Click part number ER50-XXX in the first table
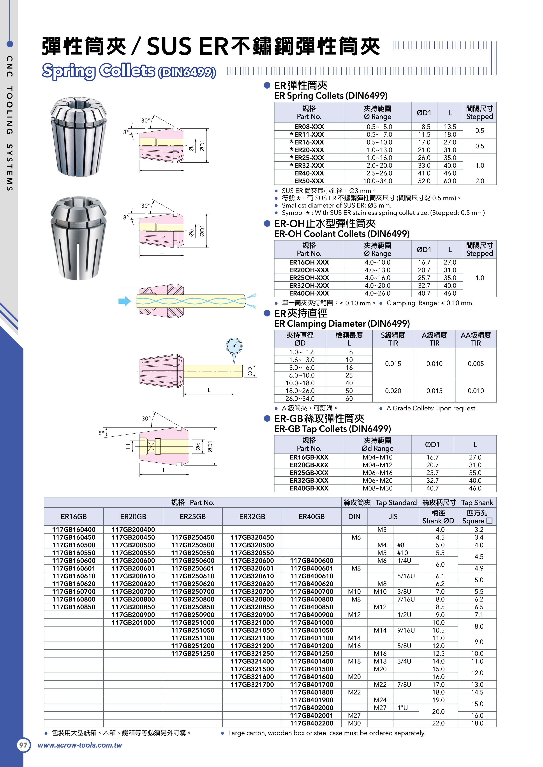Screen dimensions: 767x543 309,181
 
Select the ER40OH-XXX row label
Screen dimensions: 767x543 309,293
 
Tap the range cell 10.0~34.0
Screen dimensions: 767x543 377,181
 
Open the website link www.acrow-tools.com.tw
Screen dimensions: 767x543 80,745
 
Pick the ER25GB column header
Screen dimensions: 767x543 192,516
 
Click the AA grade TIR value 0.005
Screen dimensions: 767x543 475,363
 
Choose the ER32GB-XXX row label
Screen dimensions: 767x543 309,480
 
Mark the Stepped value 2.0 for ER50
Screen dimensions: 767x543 480,181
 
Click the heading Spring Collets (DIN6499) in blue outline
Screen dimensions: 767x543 129,71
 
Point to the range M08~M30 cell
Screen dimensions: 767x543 377,488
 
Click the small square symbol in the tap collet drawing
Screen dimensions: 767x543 128,446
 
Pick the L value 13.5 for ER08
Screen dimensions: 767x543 450,127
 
